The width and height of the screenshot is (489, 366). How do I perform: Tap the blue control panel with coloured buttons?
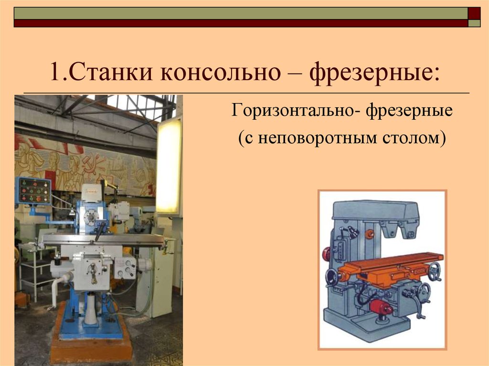click(33, 190)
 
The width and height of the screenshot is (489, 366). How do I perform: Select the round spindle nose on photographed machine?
click(91, 217)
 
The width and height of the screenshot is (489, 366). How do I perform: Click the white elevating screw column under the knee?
click(91, 308)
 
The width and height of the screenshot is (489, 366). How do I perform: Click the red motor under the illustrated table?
click(381, 307)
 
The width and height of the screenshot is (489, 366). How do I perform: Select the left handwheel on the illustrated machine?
click(332, 276)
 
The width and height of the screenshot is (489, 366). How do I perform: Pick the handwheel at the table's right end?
click(435, 271)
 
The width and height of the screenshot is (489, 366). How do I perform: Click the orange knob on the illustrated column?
click(370, 234)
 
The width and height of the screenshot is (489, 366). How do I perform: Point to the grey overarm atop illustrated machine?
click(376, 211)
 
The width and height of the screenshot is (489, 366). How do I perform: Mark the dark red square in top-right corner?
click(474, 13)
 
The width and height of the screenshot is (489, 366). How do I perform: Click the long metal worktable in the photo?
click(104, 240)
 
